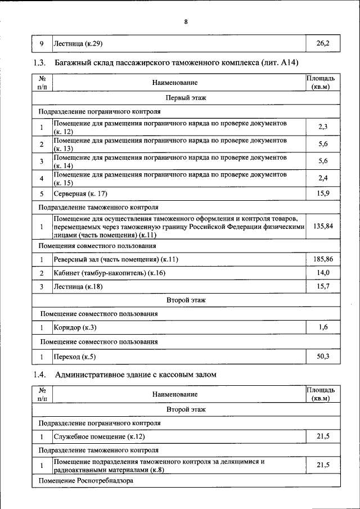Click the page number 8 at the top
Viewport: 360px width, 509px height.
point(185,22)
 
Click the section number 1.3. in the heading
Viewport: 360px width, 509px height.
point(39,62)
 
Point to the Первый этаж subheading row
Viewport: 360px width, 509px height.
point(186,98)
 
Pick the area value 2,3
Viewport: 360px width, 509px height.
point(323,127)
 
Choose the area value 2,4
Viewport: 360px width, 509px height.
point(323,179)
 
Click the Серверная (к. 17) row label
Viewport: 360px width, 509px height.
point(82,194)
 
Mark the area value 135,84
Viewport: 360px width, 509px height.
point(323,226)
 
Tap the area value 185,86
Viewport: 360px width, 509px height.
point(323,259)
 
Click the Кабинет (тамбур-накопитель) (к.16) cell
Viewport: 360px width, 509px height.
point(110,273)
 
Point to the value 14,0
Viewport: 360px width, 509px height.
point(323,273)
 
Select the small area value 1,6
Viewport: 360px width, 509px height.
point(323,327)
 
